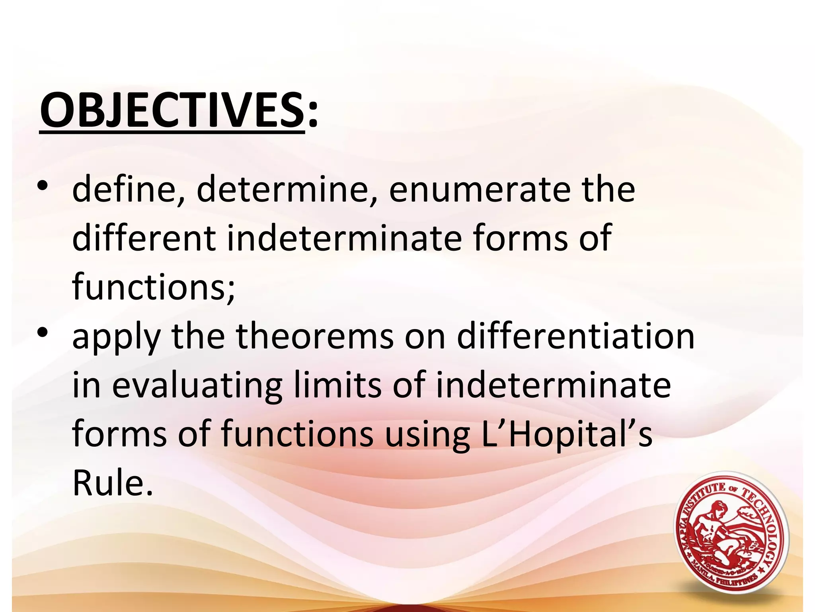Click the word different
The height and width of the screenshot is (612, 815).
tap(144, 238)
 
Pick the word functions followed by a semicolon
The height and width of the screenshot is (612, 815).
tap(154, 287)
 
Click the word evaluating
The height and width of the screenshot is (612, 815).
tap(197, 386)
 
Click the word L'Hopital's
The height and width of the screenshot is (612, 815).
tap(567, 434)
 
